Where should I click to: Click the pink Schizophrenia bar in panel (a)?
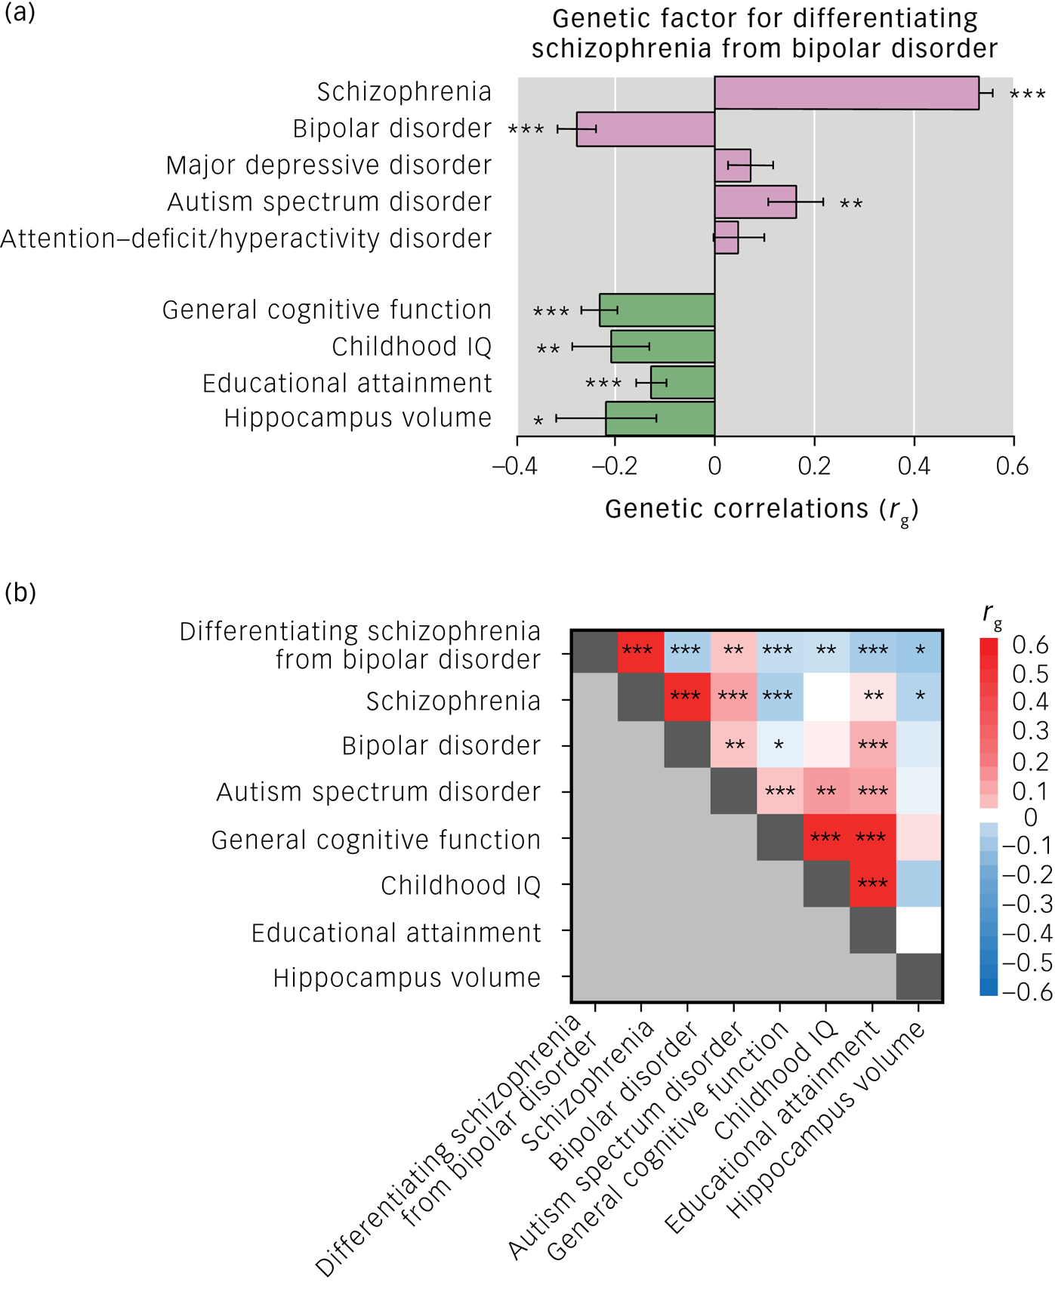pos(846,93)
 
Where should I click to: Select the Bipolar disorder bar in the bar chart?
pos(646,129)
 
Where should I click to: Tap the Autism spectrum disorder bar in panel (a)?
pos(755,202)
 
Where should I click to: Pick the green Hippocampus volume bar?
pos(660,418)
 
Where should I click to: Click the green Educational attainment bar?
pos(683,382)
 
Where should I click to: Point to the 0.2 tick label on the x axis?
pos(814,466)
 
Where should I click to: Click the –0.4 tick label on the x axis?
pos(515,466)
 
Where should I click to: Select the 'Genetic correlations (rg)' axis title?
pos(761,510)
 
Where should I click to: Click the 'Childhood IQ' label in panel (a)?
pos(412,347)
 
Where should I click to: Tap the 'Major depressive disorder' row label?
pos(329,165)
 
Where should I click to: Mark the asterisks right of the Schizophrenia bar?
pos(1028,95)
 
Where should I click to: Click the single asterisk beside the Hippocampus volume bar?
pos(538,421)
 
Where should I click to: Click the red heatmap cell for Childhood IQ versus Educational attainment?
pos(872,883)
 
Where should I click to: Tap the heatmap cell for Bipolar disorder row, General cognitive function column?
pos(779,745)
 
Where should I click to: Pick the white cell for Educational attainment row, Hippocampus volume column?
pos(918,930)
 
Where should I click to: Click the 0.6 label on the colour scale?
pos(1030,645)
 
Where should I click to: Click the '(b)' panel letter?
pos(20,593)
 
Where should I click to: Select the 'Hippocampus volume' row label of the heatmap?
pos(406,978)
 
